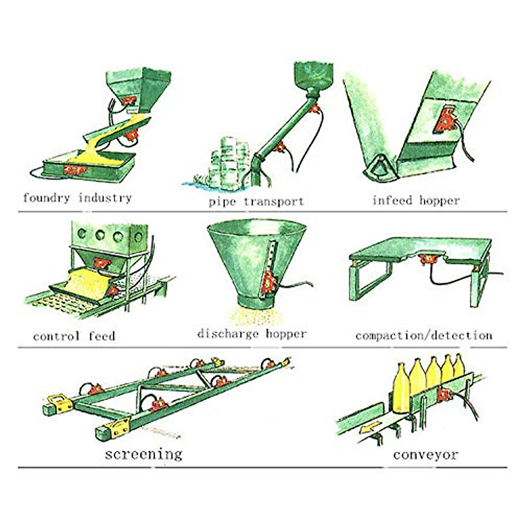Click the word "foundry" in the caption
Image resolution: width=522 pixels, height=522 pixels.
pyautogui.click(x=46, y=198)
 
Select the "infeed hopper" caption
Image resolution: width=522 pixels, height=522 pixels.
pyautogui.click(x=416, y=201)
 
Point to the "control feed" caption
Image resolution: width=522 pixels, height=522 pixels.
pyautogui.click(x=74, y=336)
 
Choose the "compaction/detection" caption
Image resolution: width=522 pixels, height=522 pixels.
pyautogui.click(x=424, y=335)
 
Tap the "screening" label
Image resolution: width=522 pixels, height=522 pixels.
pyautogui.click(x=144, y=454)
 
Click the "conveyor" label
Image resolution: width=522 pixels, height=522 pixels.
pyautogui.click(x=425, y=455)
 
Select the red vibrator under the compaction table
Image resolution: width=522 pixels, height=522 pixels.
pyautogui.click(x=428, y=260)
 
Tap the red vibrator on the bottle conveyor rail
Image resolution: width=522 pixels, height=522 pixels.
pyautogui.click(x=444, y=394)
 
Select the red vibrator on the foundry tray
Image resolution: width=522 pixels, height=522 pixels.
pyautogui.click(x=74, y=169)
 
